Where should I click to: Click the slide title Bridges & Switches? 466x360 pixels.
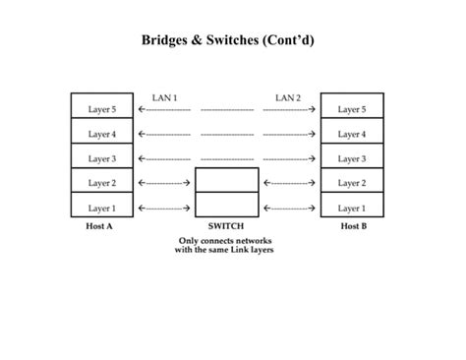(x=232, y=41)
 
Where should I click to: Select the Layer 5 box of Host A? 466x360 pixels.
(x=102, y=108)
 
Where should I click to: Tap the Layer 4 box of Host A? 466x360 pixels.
(x=102, y=133)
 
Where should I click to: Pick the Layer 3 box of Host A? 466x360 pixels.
(x=102, y=157)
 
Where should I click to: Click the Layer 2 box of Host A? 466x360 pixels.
(x=102, y=182)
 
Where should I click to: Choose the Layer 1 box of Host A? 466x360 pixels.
(x=102, y=207)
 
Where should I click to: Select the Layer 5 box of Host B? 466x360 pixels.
(x=352, y=108)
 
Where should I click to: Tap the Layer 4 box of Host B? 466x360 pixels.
(x=352, y=133)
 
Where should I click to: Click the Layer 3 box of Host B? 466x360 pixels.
(x=352, y=157)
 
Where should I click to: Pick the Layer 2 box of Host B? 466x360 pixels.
(x=352, y=182)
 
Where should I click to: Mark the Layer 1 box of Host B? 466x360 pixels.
(x=352, y=207)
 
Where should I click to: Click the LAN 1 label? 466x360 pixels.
(x=164, y=97)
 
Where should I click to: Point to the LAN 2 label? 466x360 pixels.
(x=288, y=97)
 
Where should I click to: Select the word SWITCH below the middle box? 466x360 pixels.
(x=226, y=226)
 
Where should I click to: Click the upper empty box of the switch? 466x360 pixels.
(x=227, y=181)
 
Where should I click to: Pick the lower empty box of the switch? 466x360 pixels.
(x=227, y=206)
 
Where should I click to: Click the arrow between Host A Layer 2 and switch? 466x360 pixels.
(x=164, y=183)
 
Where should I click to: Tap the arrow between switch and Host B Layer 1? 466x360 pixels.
(x=289, y=208)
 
